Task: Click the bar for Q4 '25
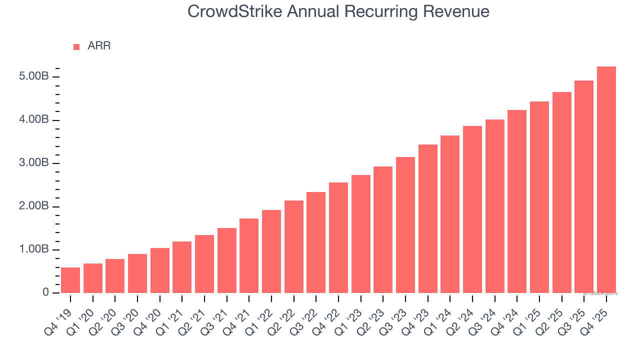606,180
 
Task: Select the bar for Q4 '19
70,280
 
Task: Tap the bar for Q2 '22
294,247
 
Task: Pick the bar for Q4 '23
428,219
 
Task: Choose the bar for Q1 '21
182,267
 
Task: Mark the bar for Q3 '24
495,206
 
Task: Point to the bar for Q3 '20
137,273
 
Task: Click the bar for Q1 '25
539,197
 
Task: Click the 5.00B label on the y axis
34,77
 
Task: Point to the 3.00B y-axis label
34,163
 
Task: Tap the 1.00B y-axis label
34,250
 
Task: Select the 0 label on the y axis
45,293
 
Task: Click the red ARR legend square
76,47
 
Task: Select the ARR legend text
99,46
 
